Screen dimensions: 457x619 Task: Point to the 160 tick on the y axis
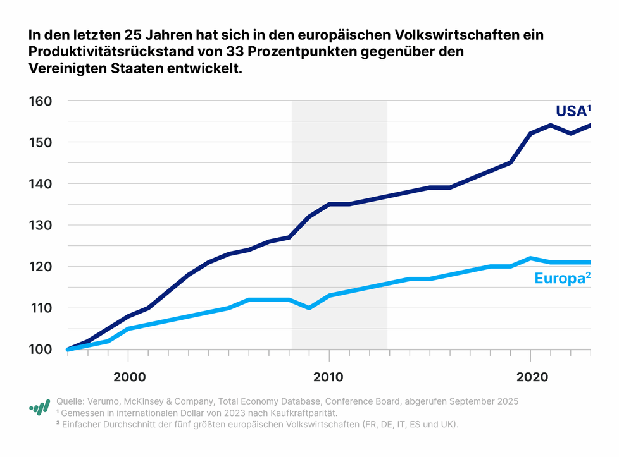pyautogui.click(x=39, y=101)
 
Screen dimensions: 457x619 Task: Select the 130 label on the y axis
pyautogui.click(x=39, y=226)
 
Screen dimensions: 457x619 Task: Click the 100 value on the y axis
pyautogui.click(x=39, y=350)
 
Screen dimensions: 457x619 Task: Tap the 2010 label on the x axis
pyautogui.click(x=328, y=377)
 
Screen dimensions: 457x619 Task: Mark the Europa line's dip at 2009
pyautogui.click(x=309, y=308)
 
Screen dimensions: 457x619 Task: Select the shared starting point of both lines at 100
pyautogui.click(x=68, y=349)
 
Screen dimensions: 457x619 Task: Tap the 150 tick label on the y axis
pyautogui.click(x=39, y=143)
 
